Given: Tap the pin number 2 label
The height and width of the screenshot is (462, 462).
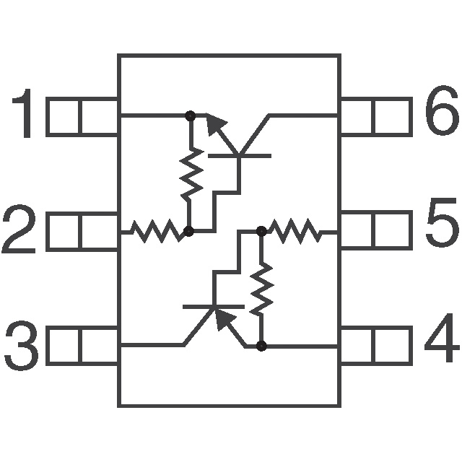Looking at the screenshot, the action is (19, 229).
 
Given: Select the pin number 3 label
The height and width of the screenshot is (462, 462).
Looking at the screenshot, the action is (21, 346).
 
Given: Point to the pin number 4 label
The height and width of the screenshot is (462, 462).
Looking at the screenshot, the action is (441, 338).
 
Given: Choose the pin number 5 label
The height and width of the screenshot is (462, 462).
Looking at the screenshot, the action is (442, 223).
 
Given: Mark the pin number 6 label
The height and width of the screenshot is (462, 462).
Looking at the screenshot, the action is (442, 110).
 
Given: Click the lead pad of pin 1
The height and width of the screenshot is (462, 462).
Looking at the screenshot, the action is (82, 117).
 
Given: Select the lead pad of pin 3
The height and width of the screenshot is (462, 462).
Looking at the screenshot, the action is (82, 346).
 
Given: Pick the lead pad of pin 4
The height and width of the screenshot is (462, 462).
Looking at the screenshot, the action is (376, 346).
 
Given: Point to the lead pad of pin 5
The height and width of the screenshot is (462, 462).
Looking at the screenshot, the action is (376, 230).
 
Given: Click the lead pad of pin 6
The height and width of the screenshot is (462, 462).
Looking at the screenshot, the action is (376, 117).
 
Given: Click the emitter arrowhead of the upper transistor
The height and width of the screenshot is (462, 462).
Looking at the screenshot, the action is (215, 123).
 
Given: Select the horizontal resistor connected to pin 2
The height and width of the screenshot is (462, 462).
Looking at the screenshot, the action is (156, 231).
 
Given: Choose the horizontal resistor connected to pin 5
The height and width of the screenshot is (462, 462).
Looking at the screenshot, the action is (295, 231).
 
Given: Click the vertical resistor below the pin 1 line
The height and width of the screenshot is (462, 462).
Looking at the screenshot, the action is (191, 173).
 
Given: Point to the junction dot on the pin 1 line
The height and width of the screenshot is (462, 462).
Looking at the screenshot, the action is (191, 115).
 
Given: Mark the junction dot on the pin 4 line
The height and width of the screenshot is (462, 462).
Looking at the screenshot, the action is (261, 346).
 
